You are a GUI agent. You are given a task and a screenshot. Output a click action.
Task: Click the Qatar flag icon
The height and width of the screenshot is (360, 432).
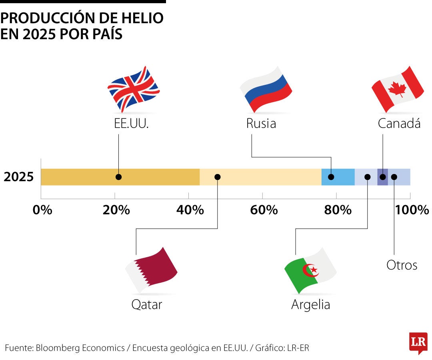coord(151,270)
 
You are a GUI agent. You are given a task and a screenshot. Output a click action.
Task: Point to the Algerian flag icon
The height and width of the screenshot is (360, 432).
coord(310,271)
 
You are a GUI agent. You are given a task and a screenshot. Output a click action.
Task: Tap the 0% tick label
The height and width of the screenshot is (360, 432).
coord(42,210)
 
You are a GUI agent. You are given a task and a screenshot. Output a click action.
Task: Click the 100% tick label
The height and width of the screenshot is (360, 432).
coord(412,210)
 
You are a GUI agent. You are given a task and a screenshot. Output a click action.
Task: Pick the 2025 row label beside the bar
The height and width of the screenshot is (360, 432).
coord(19,177)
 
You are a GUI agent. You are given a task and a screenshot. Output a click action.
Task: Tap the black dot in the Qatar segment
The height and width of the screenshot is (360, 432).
coord(218,177)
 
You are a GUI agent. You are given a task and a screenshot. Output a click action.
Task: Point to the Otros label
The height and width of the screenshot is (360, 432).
coord(402,265)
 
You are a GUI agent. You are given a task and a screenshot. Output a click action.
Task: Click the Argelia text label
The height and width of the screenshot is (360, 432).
coord(310,305)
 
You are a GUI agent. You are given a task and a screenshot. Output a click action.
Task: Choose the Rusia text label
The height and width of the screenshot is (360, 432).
coord(261,123)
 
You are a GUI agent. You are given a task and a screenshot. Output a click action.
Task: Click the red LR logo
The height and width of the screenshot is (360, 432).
coord(418,342)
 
